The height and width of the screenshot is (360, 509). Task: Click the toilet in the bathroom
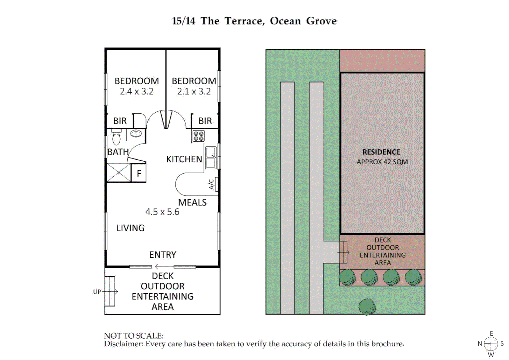[116, 137]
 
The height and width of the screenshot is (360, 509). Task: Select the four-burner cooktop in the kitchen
[198, 136]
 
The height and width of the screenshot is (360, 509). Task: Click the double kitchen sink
[211, 158]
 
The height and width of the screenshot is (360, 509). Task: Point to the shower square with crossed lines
[119, 173]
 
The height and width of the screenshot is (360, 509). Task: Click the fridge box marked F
[139, 173]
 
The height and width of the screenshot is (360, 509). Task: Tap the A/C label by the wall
[211, 184]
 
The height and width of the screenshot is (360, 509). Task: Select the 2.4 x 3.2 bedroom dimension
[137, 91]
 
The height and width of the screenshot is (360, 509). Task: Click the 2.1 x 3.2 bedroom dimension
[194, 91]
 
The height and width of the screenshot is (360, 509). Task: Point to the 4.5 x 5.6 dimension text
[162, 212]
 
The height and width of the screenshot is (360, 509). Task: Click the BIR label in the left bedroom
[120, 121]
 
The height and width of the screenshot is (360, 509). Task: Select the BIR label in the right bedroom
[205, 121]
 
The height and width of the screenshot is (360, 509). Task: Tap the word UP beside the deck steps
[97, 292]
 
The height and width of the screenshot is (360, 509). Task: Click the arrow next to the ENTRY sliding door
[164, 267]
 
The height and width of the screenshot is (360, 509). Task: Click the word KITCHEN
[184, 159]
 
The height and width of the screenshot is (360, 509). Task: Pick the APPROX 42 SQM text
[382, 162]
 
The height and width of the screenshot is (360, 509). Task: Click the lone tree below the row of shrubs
[367, 307]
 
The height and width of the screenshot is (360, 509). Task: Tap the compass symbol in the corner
[491, 344]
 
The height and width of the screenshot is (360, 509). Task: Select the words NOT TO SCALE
[134, 336]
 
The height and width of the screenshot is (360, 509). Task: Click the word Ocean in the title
[285, 21]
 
